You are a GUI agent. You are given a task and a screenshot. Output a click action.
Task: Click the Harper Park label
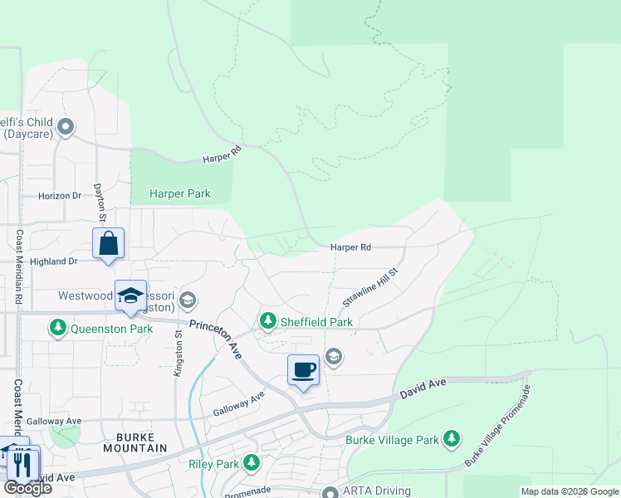[x=180, y=193]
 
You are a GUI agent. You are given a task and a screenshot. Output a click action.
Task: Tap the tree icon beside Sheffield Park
[x=267, y=320]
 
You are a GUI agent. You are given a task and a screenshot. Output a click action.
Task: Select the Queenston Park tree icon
[x=57, y=329]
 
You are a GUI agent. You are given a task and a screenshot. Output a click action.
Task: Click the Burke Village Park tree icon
[x=451, y=437]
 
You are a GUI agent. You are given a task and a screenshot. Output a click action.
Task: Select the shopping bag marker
[x=109, y=244]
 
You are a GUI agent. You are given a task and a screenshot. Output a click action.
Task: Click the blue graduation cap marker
[x=130, y=296]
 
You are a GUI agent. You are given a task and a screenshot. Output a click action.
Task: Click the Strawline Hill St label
[x=371, y=287]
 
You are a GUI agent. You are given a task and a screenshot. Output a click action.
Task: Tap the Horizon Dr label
[x=60, y=196]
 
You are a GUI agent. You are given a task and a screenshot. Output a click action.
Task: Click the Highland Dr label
[x=52, y=261]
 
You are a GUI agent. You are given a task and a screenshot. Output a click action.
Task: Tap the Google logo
[x=27, y=488]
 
